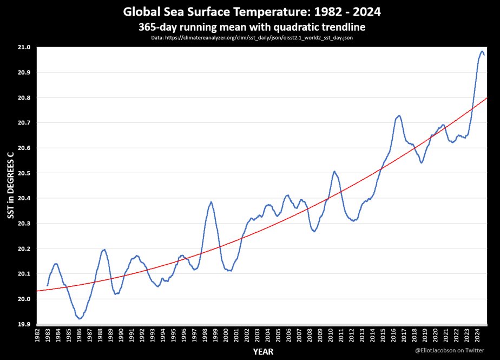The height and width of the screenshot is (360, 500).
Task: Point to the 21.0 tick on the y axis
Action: [x=25, y=48]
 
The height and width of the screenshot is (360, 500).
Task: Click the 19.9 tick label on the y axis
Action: [x=25, y=324]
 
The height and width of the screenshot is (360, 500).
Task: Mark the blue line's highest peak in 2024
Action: [x=482, y=51]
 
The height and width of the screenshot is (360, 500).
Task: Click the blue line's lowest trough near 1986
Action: [x=80, y=319]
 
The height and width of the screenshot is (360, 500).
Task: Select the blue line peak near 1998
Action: [x=211, y=202]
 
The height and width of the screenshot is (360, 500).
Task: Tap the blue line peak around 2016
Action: [x=399, y=115]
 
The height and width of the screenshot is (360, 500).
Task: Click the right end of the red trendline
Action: [x=486, y=98]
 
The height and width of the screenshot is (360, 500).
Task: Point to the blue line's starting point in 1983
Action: [x=48, y=285]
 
